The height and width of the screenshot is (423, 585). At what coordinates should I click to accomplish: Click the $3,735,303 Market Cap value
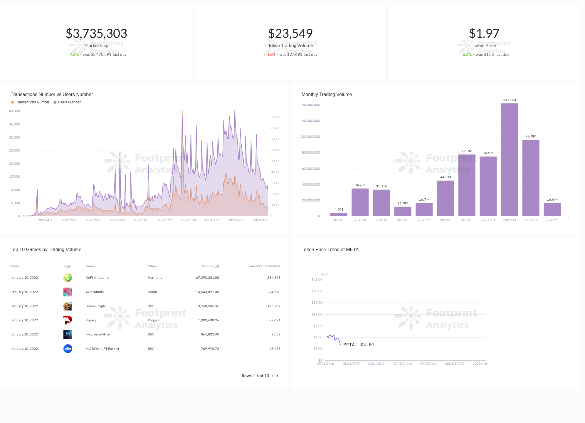(x=96, y=33)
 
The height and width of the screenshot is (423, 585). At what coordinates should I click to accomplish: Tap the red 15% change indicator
(x=271, y=54)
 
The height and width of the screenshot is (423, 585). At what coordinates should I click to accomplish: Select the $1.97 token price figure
(x=484, y=33)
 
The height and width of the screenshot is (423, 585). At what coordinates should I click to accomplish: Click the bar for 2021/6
(x=403, y=211)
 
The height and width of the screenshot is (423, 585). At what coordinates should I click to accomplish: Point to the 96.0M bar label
(x=531, y=136)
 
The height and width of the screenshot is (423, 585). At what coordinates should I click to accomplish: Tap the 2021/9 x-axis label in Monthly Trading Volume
(x=467, y=220)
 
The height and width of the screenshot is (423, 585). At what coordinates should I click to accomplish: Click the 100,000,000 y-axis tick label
(x=310, y=137)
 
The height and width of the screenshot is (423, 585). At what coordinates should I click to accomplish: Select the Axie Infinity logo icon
(x=68, y=292)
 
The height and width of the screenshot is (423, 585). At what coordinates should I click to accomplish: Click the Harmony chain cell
(x=155, y=278)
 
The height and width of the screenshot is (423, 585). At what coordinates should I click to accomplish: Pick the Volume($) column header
(x=210, y=266)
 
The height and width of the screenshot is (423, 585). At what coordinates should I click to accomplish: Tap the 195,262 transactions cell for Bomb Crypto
(x=273, y=306)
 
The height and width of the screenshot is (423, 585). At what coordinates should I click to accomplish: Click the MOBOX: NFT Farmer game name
(x=102, y=349)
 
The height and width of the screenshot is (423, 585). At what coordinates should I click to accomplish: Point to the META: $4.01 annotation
(x=359, y=345)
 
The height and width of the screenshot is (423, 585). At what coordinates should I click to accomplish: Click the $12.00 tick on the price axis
(x=317, y=314)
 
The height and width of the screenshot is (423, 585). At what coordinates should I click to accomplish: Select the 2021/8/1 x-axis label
(x=140, y=220)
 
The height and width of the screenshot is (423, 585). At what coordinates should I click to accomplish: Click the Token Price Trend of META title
(x=330, y=250)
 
